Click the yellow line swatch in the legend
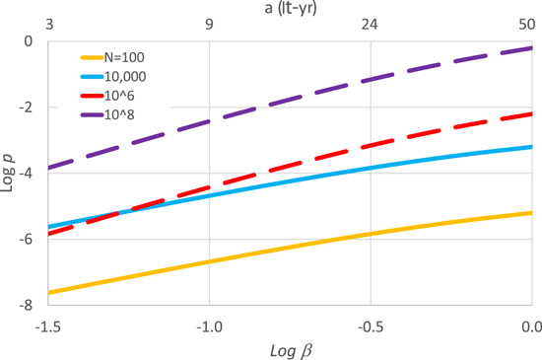pyautogui.click(x=92, y=57)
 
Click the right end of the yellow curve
pyautogui.click(x=531, y=213)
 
